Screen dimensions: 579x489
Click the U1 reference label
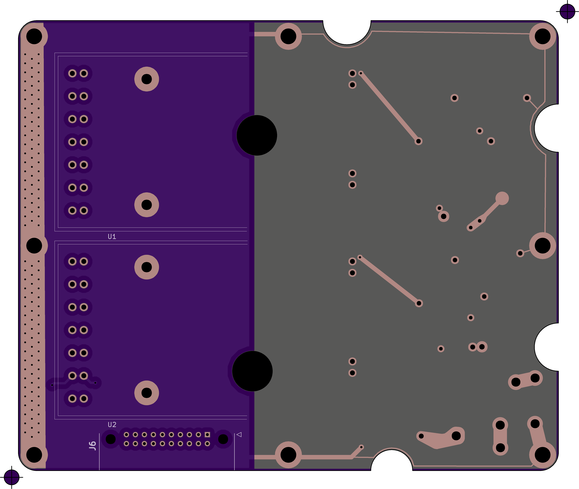click(x=112, y=236)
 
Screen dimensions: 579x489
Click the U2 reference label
click(x=112, y=424)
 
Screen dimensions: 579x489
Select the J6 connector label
click(x=92, y=446)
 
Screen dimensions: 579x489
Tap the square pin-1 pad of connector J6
click(x=207, y=434)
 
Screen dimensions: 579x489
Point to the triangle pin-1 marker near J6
click(x=239, y=434)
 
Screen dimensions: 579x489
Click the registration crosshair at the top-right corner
click(x=567, y=12)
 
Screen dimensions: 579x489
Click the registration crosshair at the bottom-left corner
click(x=12, y=477)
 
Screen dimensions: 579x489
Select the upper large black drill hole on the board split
click(x=257, y=135)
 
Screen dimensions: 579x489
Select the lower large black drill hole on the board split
click(x=252, y=371)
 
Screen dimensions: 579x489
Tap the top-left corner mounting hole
click(x=34, y=36)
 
